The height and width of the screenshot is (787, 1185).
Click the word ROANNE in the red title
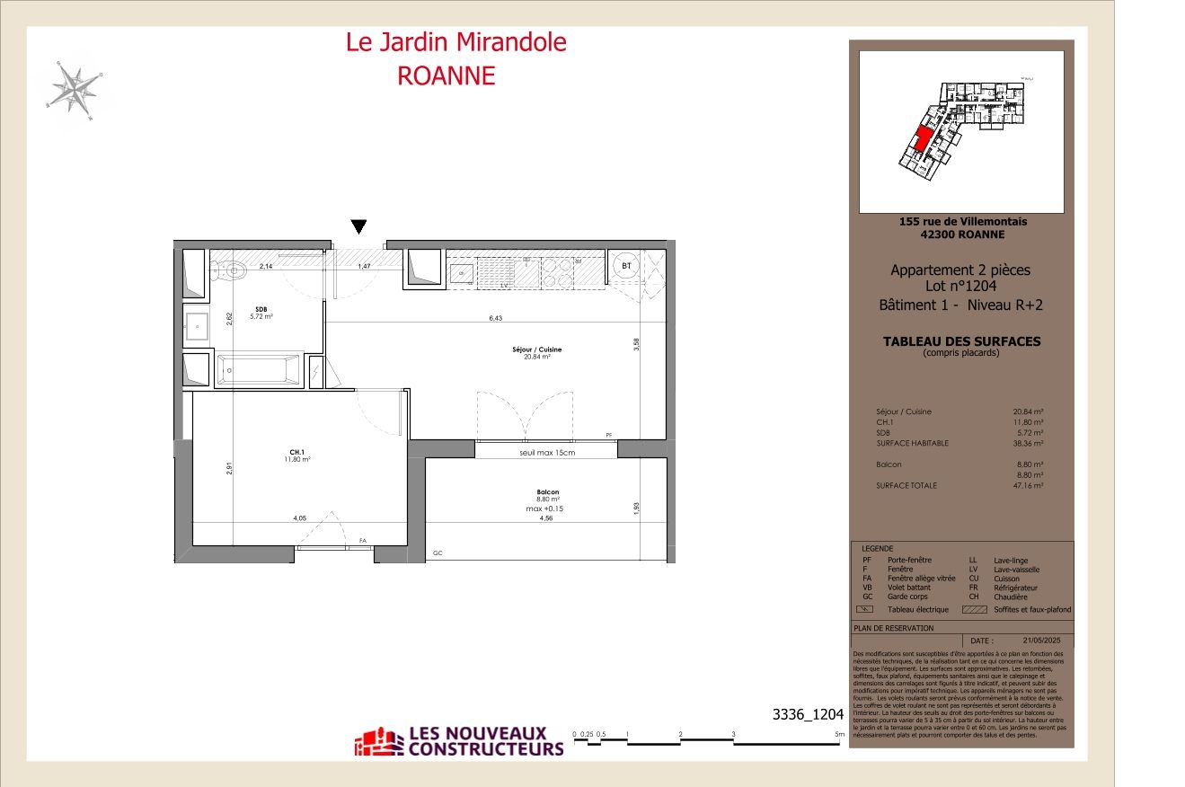pyautogui.click(x=447, y=75)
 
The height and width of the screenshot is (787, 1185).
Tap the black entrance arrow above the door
pyautogui.click(x=358, y=226)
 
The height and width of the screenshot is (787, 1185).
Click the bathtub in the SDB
pyautogui.click(x=259, y=370)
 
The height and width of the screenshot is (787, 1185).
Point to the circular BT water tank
pyautogui.click(x=626, y=267)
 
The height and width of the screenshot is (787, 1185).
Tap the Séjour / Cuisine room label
pyautogui.click(x=537, y=349)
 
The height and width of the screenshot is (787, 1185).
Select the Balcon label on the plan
pyautogui.click(x=548, y=492)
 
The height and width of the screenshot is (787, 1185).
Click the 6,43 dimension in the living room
pyautogui.click(x=496, y=318)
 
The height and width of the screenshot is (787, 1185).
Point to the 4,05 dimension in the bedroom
pyautogui.click(x=299, y=518)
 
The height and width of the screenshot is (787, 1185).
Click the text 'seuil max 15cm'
pyautogui.click(x=546, y=452)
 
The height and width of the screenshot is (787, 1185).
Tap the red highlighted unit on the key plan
pyautogui.click(x=921, y=141)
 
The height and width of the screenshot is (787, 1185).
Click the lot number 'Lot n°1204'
pyautogui.click(x=960, y=287)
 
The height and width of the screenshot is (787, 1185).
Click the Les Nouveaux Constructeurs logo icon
pyautogui.click(x=380, y=741)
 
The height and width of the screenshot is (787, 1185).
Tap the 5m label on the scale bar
pyautogui.click(x=838, y=735)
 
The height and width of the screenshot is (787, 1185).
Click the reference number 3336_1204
pyautogui.click(x=808, y=715)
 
